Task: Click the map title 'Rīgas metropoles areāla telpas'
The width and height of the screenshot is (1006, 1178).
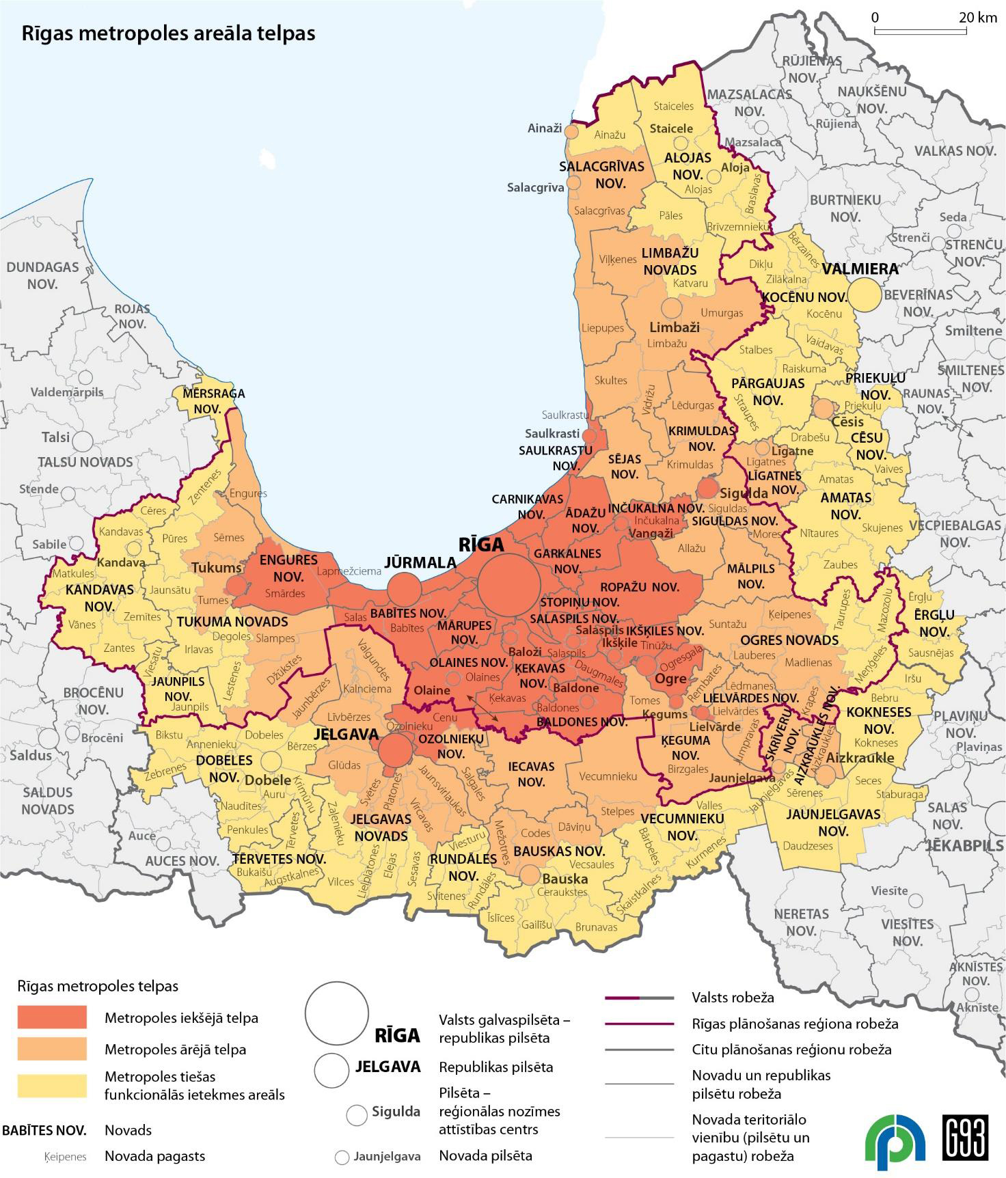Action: pyautogui.click(x=168, y=33)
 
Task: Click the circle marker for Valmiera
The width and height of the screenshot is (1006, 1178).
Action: pyautogui.click(x=865, y=294)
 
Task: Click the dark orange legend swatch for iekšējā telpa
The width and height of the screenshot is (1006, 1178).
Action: pyautogui.click(x=52, y=1017)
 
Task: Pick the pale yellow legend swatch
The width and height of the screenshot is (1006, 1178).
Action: pyautogui.click(x=52, y=1085)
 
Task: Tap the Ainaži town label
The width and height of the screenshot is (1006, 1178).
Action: pyautogui.click(x=545, y=128)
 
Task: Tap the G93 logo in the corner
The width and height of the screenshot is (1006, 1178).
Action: pyautogui.click(x=965, y=1137)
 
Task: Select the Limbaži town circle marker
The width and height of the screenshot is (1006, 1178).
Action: pyautogui.click(x=672, y=308)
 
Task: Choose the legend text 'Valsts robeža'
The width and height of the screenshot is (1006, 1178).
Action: pyautogui.click(x=733, y=998)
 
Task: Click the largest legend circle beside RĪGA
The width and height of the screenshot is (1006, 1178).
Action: pyautogui.click(x=336, y=1013)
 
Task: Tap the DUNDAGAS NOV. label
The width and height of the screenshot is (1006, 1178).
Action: pyautogui.click(x=42, y=275)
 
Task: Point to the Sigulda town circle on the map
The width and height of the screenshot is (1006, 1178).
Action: pyautogui.click(x=708, y=488)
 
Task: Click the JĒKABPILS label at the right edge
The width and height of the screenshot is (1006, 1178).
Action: pyautogui.click(x=964, y=845)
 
